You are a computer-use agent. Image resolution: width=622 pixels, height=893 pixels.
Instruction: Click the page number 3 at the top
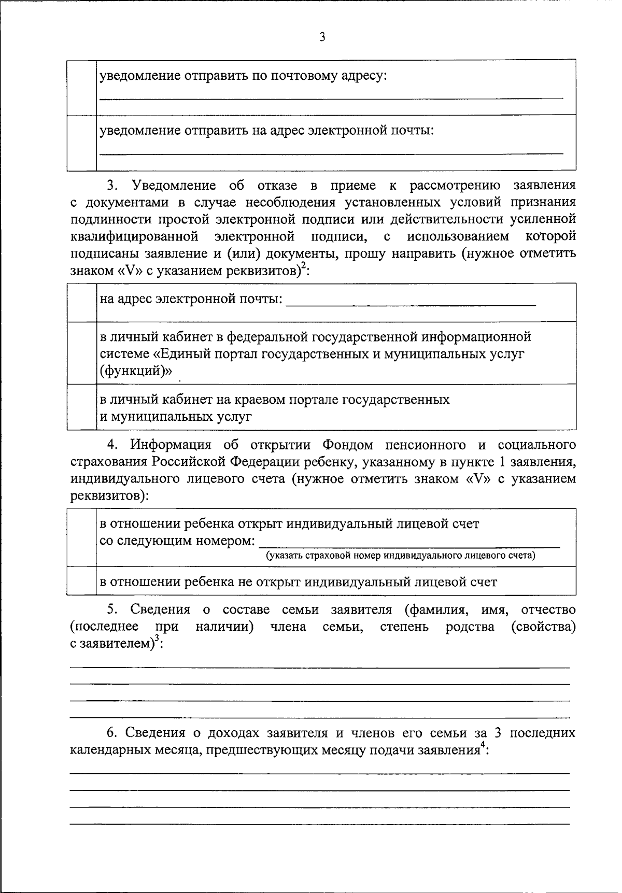[322, 37]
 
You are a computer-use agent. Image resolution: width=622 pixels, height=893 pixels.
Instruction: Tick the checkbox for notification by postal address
[82, 87]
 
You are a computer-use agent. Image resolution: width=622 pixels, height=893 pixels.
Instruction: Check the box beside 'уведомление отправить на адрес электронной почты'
[82, 143]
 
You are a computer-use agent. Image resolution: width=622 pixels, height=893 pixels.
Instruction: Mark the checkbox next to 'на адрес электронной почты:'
[82, 302]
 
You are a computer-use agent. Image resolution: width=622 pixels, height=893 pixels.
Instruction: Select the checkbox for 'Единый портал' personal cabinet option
[82, 353]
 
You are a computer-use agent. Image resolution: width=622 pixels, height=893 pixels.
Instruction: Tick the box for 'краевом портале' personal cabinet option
[82, 407]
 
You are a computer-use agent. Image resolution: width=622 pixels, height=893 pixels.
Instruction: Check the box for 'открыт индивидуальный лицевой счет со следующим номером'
[82, 537]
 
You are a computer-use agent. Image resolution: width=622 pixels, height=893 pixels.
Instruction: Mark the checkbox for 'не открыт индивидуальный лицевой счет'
[82, 580]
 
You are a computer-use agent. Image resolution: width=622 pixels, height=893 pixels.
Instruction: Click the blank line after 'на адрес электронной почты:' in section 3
[411, 303]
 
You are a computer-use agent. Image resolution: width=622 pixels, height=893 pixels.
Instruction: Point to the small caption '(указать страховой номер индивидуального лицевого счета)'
[401, 556]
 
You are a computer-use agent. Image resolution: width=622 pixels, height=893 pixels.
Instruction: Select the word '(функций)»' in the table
[136, 371]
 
